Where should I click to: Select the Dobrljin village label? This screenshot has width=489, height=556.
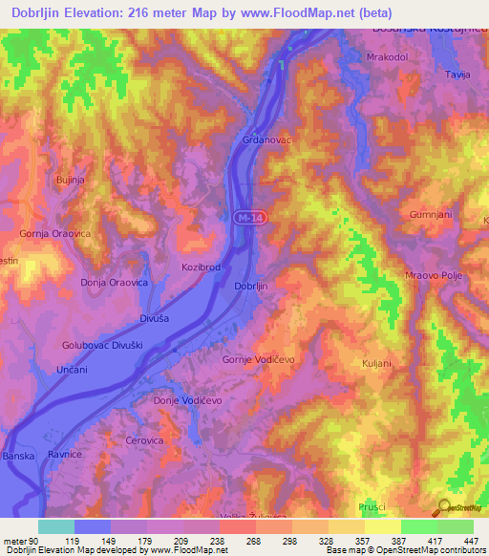[250, 287]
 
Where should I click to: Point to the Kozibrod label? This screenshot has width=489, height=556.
[201, 269]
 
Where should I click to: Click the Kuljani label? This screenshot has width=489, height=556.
[378, 363]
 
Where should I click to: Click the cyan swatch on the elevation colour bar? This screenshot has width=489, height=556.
[55, 526]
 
